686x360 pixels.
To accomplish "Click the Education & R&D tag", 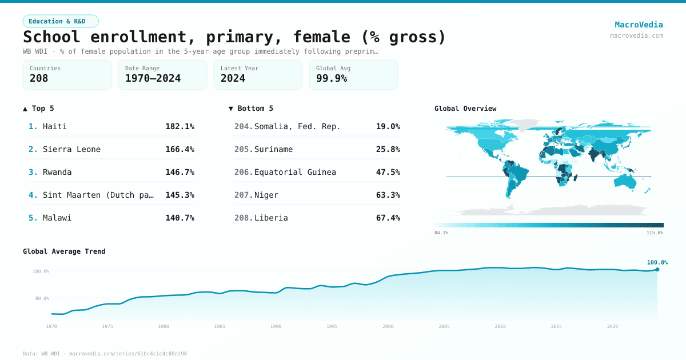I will [61, 21].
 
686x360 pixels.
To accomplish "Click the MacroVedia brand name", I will [639, 25].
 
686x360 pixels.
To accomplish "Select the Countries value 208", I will [39, 78].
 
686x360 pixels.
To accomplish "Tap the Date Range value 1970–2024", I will [153, 78].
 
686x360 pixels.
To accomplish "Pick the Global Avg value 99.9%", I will [332, 78].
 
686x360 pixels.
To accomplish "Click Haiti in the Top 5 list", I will [55, 126].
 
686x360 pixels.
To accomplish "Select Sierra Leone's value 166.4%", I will [180, 149].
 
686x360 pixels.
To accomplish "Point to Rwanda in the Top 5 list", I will [58, 172].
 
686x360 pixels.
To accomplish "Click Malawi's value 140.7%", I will [180, 218].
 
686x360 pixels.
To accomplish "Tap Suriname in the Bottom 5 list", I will [273, 149].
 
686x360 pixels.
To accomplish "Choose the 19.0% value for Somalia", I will [388, 126].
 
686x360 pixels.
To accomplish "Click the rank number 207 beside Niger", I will [243, 195].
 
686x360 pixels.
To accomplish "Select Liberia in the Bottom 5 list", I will [271, 218].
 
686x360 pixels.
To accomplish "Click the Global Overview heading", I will [465, 109].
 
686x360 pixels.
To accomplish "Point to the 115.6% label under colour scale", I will [655, 233].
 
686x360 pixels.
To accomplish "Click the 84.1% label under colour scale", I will [441, 233].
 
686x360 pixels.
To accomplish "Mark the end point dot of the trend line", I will [657, 269].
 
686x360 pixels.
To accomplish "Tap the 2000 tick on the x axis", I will [388, 326].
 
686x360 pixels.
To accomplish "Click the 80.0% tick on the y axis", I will [41, 298].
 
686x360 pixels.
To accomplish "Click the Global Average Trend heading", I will [64, 251].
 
